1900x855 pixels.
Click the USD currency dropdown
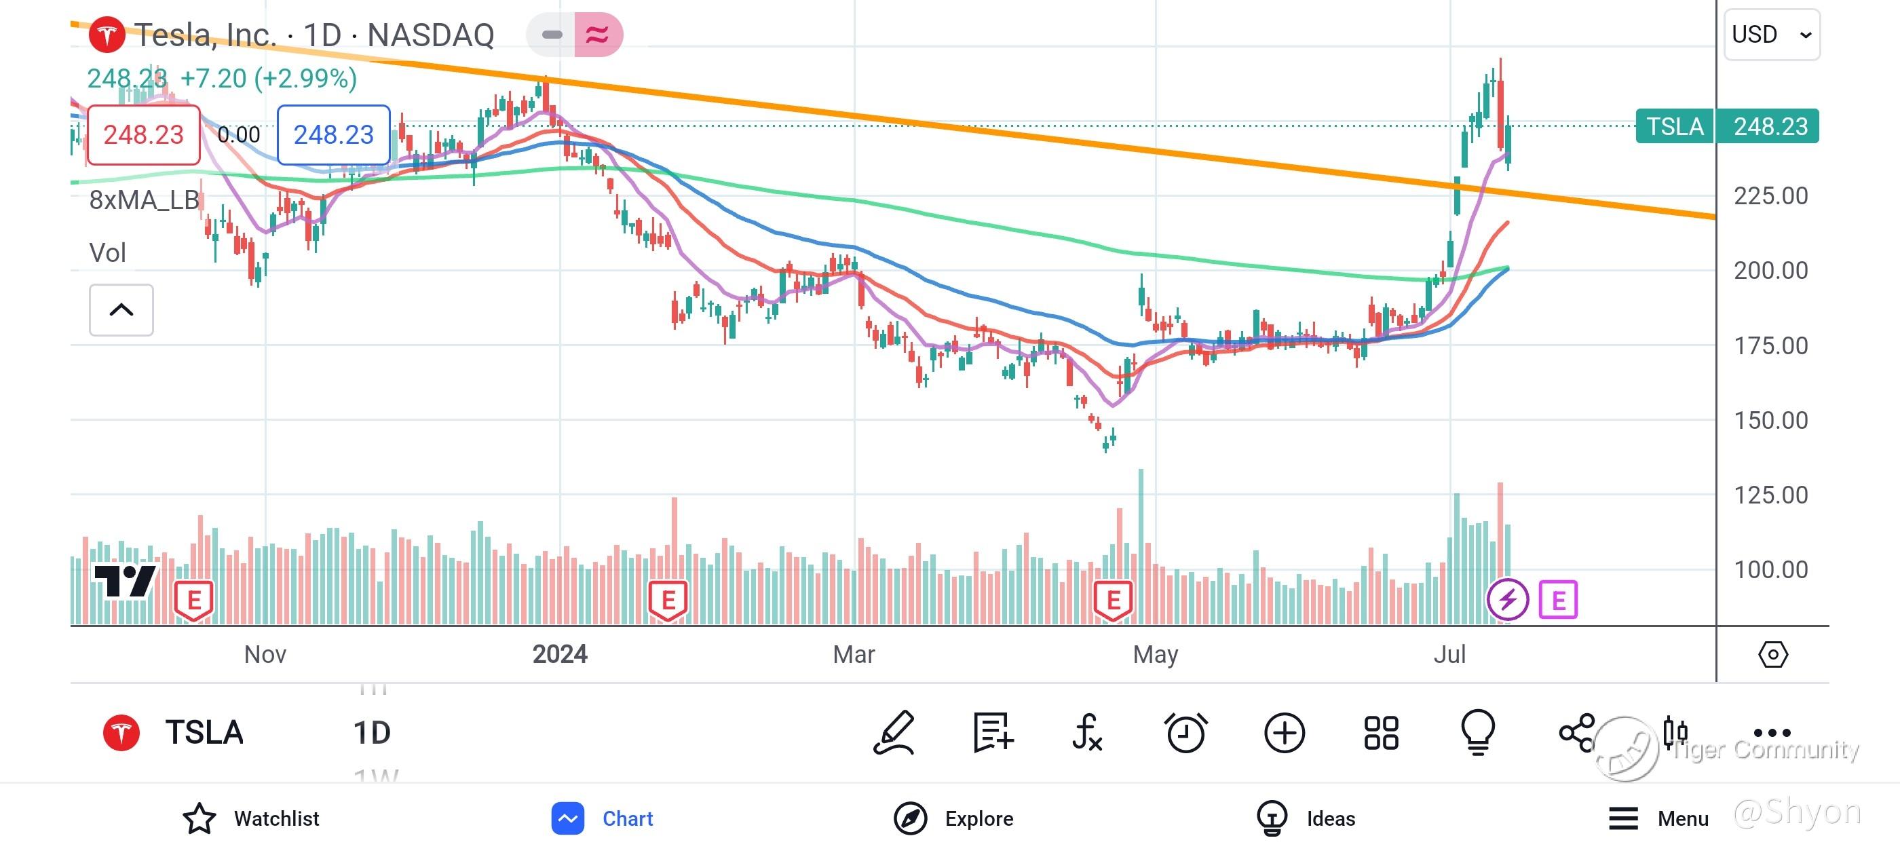tap(1771, 35)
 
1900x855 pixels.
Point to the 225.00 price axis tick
tap(1770, 196)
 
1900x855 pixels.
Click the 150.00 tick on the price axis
tap(1770, 421)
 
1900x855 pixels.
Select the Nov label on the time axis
tap(265, 654)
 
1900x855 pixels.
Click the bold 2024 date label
tap(560, 654)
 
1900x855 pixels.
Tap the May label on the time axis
tap(1155, 654)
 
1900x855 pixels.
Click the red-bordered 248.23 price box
tap(144, 135)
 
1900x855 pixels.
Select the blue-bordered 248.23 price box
tap(333, 135)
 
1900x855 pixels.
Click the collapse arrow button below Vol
tap(121, 310)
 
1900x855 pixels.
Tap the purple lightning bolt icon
tap(1507, 599)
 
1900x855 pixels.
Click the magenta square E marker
tap(1558, 600)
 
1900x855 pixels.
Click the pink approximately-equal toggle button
tap(597, 35)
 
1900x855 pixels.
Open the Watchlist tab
tap(252, 818)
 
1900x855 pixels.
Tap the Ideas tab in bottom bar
tap(1306, 818)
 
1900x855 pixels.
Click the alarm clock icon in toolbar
tap(1185, 733)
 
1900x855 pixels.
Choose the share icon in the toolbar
tap(1577, 733)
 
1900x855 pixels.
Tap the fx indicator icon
tap(1087, 733)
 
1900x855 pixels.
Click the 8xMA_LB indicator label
tap(145, 200)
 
